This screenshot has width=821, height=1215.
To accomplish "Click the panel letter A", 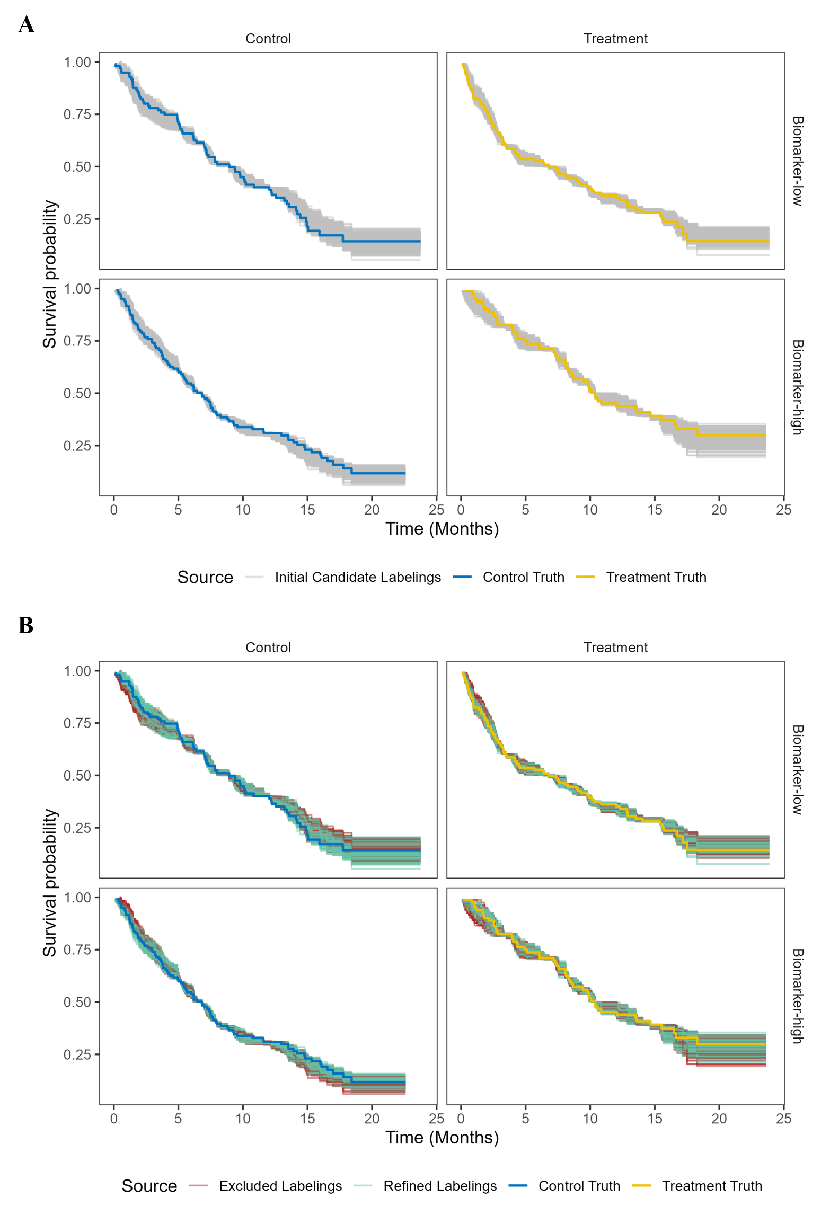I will pos(26,25).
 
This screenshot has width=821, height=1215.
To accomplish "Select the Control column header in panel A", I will pos(268,39).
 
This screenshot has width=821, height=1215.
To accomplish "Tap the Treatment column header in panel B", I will pos(615,647).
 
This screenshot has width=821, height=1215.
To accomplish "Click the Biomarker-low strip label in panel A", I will pos(797,161).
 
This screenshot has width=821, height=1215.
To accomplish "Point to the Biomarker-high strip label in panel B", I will pos(797,996).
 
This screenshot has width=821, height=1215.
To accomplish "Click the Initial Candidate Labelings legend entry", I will pos(357,577).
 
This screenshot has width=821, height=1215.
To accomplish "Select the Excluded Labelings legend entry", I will pos(280,1186).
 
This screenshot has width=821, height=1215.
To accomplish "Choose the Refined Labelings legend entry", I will pos(439,1186).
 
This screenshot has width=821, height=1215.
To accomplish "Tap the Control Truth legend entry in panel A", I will pos(523,577).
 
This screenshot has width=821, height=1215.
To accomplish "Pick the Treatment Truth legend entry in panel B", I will pos(711,1186).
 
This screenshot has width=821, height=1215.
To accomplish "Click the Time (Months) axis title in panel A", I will pos(442,529).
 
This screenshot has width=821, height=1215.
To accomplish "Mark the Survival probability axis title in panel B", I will pos(50,883).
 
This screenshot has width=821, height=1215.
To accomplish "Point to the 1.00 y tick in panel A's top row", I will pos(77,62).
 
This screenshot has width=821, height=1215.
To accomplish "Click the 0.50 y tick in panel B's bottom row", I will pos(77,1002).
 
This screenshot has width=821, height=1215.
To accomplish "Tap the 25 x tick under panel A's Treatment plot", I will pos(783,510).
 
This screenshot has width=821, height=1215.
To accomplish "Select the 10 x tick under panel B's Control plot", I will pos(243,1119).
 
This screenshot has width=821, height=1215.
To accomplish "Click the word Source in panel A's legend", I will pos(205,577).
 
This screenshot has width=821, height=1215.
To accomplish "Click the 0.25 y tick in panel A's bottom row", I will pos(77,446).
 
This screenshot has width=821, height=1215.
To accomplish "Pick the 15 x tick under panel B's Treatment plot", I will pos(654,1119).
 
